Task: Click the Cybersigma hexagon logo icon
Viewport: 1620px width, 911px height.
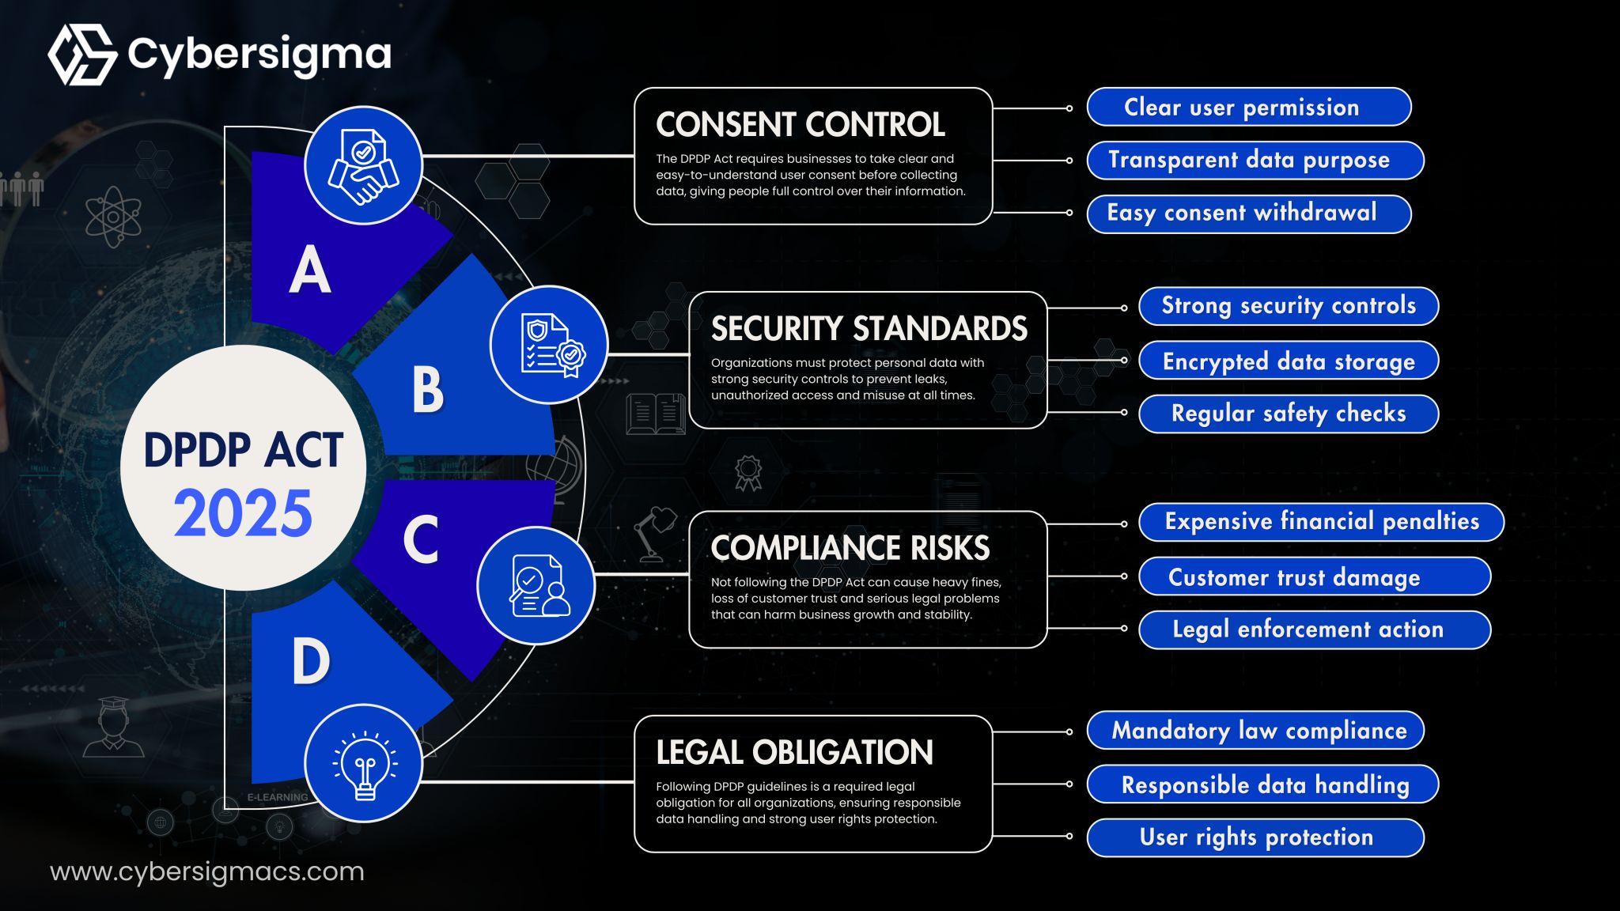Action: (82, 55)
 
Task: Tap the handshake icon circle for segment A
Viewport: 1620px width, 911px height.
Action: (363, 165)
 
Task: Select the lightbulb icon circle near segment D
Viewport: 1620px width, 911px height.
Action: (364, 763)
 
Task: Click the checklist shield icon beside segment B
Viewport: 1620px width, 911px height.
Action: (549, 345)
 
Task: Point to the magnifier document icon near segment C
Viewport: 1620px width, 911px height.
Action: (536, 586)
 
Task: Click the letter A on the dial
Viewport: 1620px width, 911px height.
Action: (309, 270)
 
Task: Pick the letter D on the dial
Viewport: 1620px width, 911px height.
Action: (310, 661)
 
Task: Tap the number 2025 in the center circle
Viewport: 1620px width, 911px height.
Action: (243, 513)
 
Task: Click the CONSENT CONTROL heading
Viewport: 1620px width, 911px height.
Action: (800, 124)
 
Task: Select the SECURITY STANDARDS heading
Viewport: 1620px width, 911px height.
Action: (869, 328)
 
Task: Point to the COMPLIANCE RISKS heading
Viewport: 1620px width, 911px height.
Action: (850, 547)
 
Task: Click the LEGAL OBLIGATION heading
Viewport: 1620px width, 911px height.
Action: (794, 752)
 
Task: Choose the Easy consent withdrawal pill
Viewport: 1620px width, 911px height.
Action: (1248, 214)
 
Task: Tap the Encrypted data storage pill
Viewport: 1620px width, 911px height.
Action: (1288, 361)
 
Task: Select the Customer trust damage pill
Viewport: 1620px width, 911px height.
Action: (1314, 576)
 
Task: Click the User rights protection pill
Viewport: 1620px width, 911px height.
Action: (1255, 837)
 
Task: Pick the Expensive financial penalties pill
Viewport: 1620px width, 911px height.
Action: (1321, 522)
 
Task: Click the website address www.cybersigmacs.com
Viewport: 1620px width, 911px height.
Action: (207, 871)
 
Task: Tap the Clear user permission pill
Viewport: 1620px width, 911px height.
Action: (1248, 107)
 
